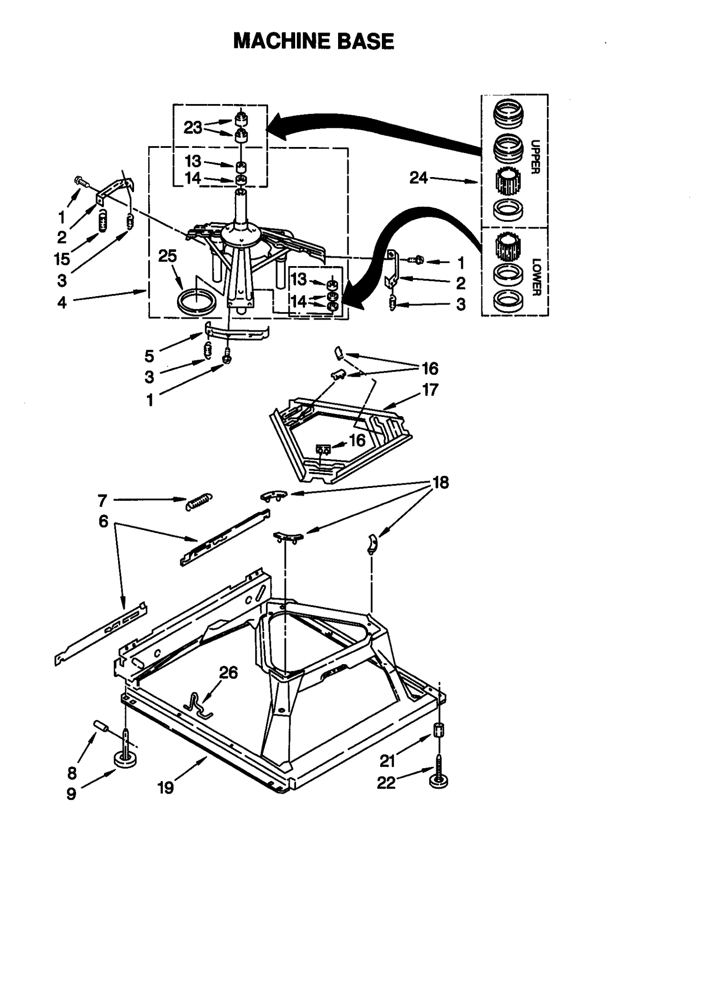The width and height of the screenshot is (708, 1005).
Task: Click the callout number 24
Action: coord(418,178)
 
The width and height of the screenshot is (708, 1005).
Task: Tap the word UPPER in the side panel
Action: coord(535,157)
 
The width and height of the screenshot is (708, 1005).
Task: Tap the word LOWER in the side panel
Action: coord(536,277)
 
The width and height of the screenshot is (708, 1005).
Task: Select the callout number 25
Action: coord(167,256)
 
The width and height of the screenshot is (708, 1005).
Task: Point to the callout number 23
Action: coord(193,128)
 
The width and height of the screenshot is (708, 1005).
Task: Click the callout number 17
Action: coord(430,390)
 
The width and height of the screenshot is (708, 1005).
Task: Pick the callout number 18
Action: coord(441,483)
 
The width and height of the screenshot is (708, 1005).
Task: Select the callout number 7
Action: coord(102,501)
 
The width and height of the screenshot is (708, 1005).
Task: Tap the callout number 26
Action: coord(228,673)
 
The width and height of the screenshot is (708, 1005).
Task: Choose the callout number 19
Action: coord(165,788)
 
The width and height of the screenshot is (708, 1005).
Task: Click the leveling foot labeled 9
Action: coord(125,760)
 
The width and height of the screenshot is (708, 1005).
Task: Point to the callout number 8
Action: coord(72,773)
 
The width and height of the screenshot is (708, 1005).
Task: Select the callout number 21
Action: coord(387,761)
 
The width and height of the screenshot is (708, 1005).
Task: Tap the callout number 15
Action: coord(62,259)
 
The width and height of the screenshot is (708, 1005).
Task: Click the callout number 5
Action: coord(149,356)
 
